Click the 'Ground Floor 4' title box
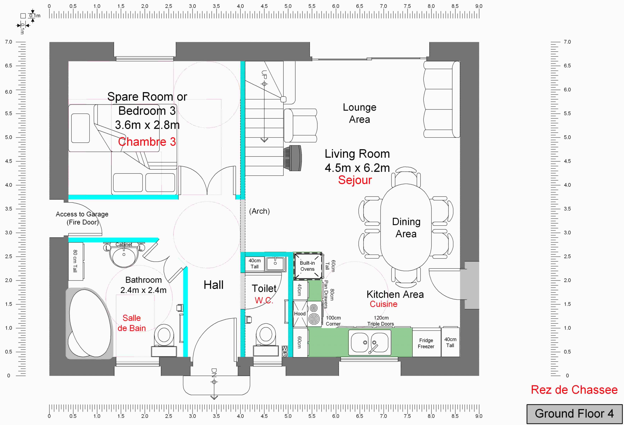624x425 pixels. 574,414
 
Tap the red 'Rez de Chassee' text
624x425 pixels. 574,390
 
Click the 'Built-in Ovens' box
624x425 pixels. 307,266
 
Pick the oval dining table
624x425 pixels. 406,227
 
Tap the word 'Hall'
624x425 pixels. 214,285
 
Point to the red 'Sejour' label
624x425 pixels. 355,180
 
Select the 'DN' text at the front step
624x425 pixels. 214,373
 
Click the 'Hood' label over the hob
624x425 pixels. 300,314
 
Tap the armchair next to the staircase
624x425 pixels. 300,125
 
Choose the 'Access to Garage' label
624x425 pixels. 82,214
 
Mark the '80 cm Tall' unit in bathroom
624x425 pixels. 76,261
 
